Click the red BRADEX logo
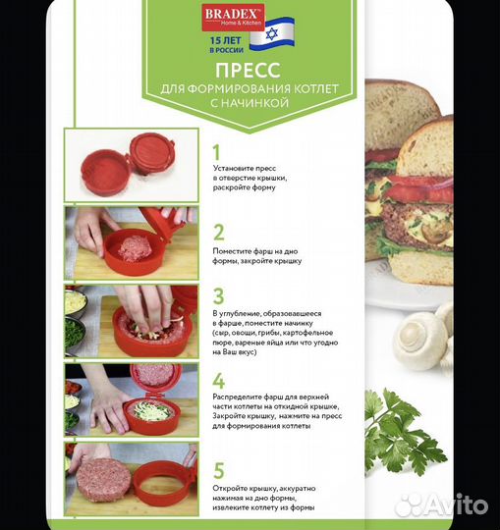click(233, 18)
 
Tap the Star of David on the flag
click(272, 33)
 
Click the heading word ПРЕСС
click(248, 71)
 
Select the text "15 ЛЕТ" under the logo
click(226, 40)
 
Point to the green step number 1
click(216, 152)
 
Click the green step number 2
click(218, 233)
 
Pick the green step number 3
click(218, 296)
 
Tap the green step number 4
click(218, 381)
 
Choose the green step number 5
click(219, 470)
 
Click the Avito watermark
click(441, 504)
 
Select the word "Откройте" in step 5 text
click(231, 488)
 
